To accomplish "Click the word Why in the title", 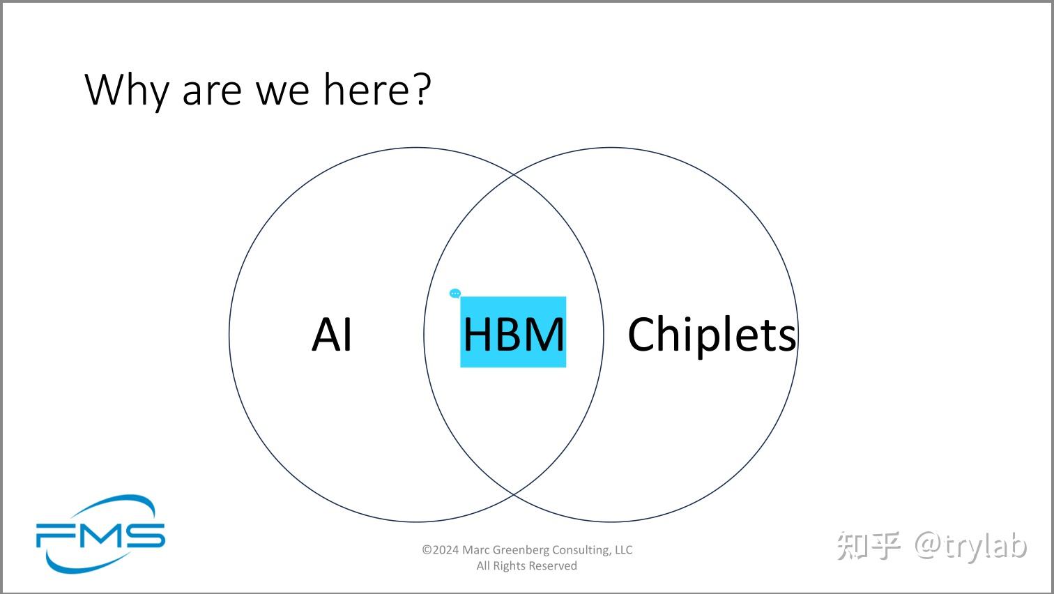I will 126,90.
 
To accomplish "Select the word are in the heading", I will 211,91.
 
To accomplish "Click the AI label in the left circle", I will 332,334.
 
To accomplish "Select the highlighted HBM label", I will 513,333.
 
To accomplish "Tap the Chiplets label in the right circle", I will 711,334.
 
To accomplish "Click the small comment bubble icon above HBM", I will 455,294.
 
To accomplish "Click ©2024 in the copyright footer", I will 441,550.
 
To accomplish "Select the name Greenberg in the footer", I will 521,550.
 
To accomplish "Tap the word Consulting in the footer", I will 581,550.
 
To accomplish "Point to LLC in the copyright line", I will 623,550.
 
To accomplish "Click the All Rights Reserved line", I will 526,566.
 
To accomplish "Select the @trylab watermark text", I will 971,545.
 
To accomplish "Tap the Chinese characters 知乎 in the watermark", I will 869,545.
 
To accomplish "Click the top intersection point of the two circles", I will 514,175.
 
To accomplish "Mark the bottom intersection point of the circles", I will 514,494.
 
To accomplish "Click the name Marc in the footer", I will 476,550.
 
